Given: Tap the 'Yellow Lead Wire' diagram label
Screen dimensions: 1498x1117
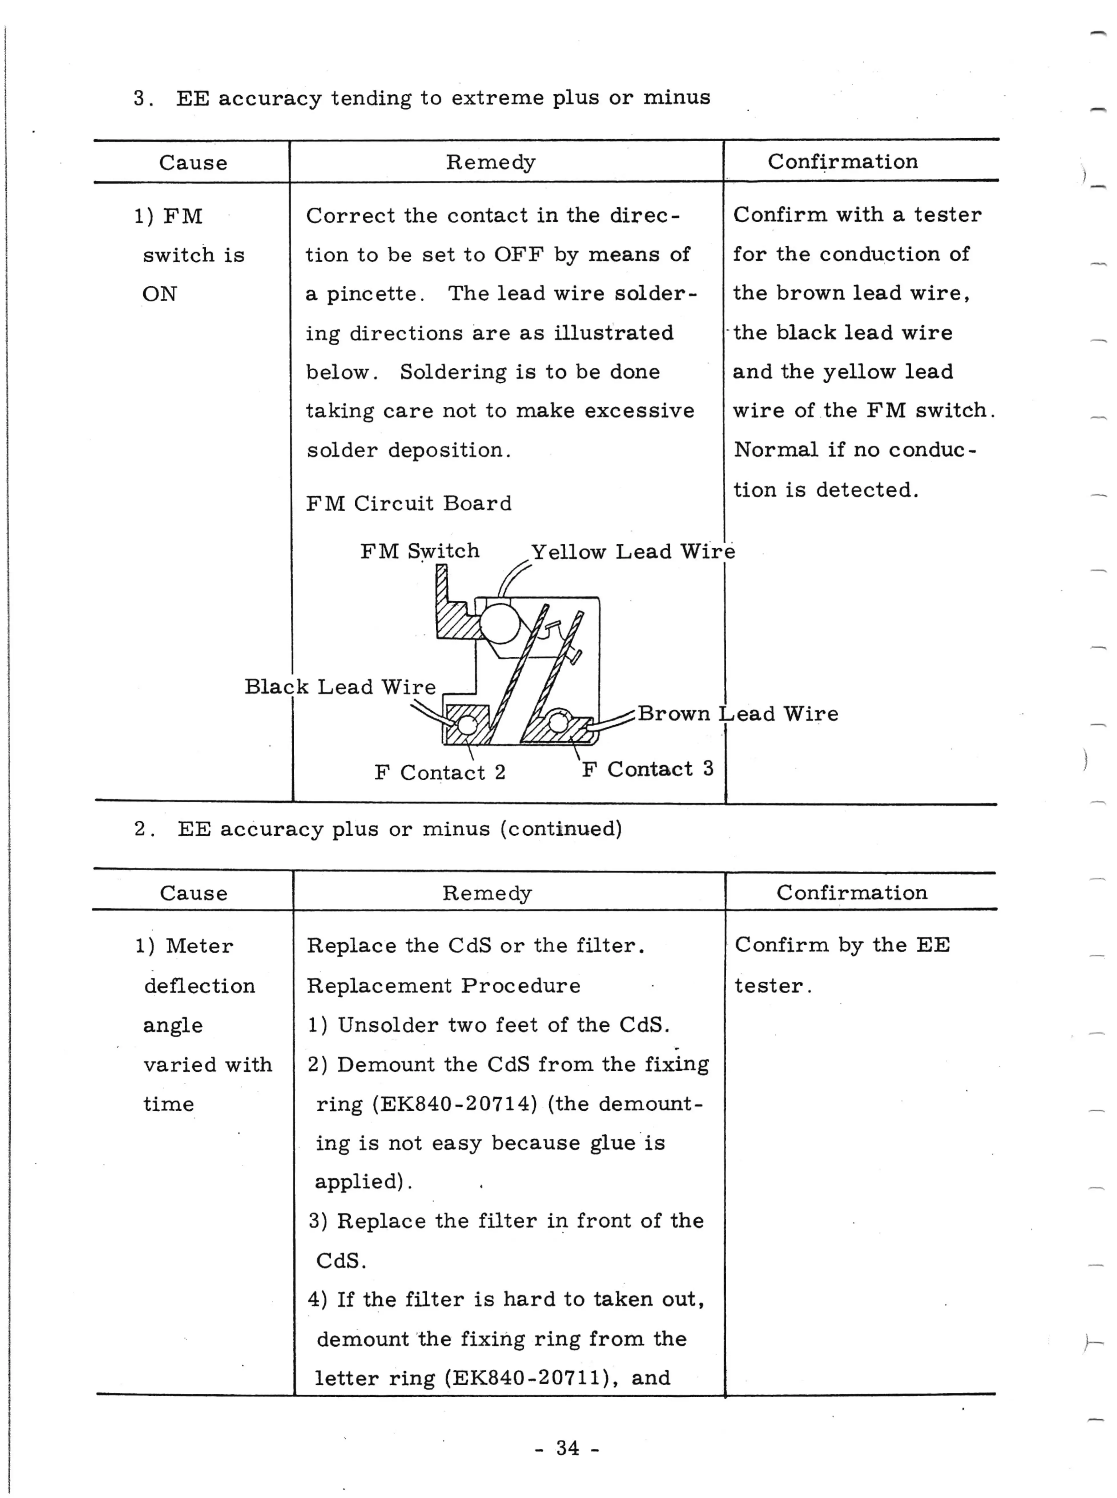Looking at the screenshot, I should [632, 552].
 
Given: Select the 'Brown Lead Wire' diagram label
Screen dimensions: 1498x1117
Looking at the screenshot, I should [737, 714].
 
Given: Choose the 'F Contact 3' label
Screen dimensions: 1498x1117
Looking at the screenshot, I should [647, 769].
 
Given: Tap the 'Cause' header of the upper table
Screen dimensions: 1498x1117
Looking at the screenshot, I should [193, 163].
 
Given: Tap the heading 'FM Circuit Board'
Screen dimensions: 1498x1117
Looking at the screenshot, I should [408, 503].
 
